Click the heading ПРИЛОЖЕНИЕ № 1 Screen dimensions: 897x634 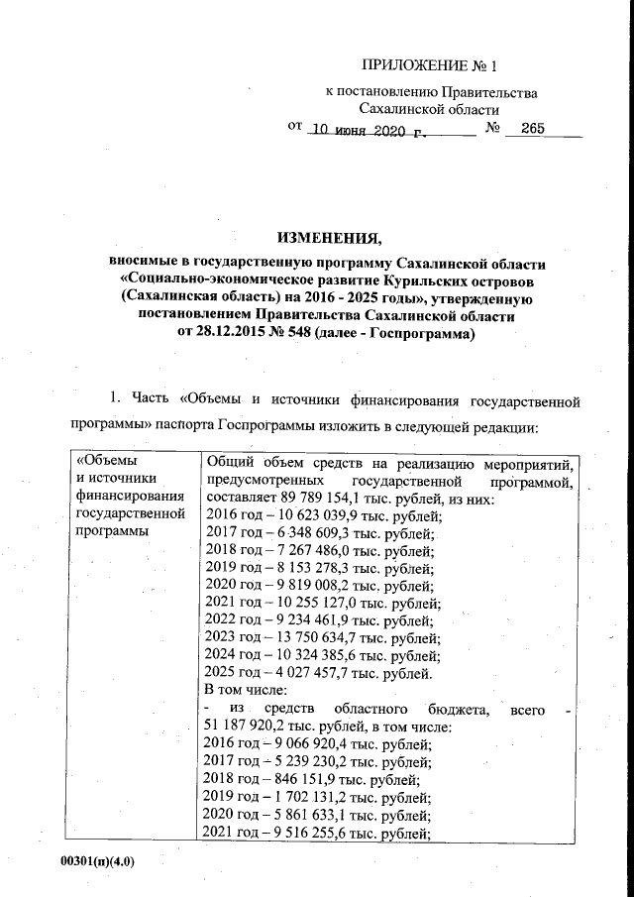coord(427,66)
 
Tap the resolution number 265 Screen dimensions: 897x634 coord(533,129)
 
